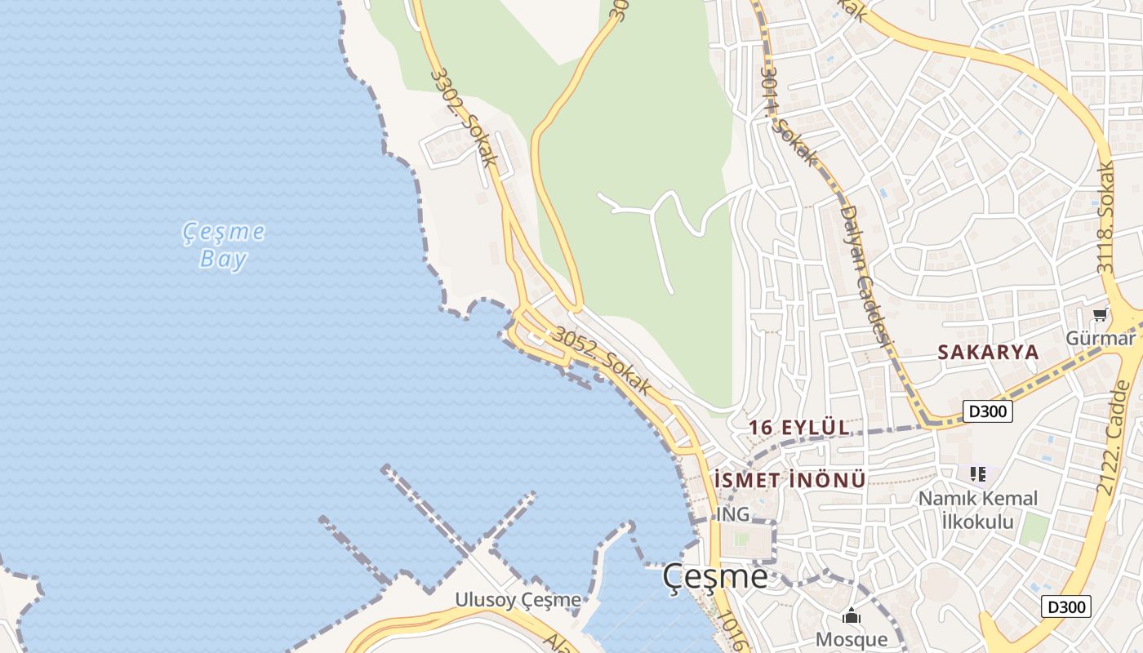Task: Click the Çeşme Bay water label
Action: [x=223, y=246]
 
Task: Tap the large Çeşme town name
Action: [x=714, y=576]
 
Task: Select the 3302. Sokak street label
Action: [x=464, y=118]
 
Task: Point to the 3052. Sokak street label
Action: [x=603, y=361]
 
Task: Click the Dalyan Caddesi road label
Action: [x=865, y=274]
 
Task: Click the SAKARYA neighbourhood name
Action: [x=988, y=353]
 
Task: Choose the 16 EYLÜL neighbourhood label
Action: [x=799, y=428]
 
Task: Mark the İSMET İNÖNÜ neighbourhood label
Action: [x=789, y=479]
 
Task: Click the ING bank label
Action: [x=732, y=514]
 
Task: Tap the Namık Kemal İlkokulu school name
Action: [x=978, y=509]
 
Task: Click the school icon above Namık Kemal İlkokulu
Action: [x=978, y=473]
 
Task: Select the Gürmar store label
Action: [x=1101, y=337]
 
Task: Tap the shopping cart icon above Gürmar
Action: [x=1100, y=314]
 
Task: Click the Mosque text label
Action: [x=852, y=639]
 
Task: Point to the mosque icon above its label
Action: [x=852, y=616]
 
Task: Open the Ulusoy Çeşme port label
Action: [x=518, y=600]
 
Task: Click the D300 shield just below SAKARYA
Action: [x=988, y=411]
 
